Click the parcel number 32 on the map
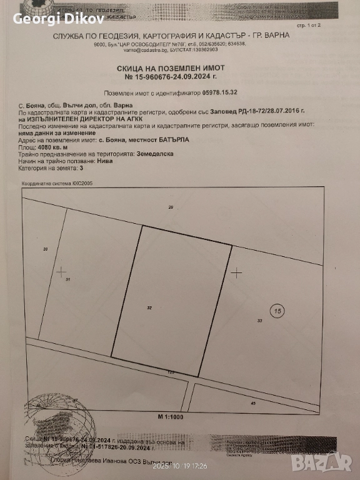(x=149, y=308)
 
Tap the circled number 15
(x=276, y=309)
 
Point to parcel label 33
(x=259, y=321)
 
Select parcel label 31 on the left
(x=67, y=280)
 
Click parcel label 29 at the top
(x=169, y=207)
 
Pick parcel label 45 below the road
(x=252, y=403)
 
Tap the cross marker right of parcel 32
(x=236, y=272)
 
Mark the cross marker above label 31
(x=61, y=271)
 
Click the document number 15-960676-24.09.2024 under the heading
(x=176, y=76)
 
